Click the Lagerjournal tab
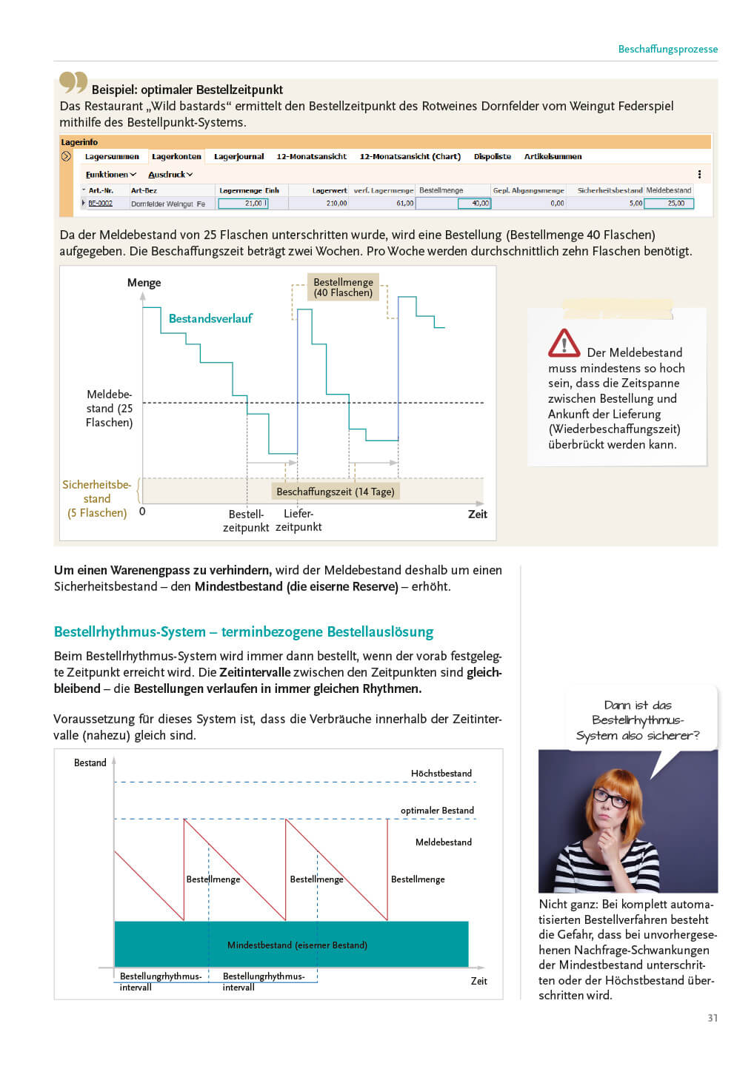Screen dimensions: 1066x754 (x=238, y=156)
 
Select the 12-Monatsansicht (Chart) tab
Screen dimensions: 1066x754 (x=410, y=156)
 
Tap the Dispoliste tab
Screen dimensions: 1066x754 (x=492, y=156)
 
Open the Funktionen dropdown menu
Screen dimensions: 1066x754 (x=110, y=175)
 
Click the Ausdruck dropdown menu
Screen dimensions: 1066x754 (x=170, y=175)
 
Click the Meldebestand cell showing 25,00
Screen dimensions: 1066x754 (x=669, y=203)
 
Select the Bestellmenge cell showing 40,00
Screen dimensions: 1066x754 (x=474, y=203)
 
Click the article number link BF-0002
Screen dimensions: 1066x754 (x=100, y=203)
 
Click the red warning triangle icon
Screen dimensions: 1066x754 (x=564, y=343)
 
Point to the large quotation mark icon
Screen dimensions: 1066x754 (x=73, y=81)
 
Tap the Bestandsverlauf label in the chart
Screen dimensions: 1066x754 (x=210, y=318)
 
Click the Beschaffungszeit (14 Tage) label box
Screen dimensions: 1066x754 (x=335, y=492)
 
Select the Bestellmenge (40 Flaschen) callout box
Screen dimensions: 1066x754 (x=343, y=287)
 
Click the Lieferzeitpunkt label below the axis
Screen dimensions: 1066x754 (x=298, y=520)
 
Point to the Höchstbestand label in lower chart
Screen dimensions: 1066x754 (x=441, y=774)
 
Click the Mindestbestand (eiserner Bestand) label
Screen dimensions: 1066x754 (x=297, y=945)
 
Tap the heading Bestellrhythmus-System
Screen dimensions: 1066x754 (x=243, y=631)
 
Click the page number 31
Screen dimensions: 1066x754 (x=713, y=1018)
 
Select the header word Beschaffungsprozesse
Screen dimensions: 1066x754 (x=667, y=49)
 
